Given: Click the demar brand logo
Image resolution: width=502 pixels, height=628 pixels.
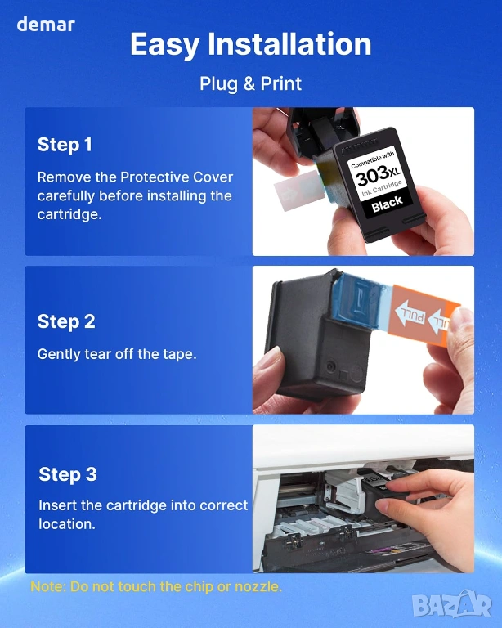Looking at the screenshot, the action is coord(46,24).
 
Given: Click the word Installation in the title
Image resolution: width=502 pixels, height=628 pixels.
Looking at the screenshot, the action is coord(289,43).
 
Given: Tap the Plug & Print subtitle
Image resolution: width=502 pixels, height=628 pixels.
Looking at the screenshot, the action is coord(251,83).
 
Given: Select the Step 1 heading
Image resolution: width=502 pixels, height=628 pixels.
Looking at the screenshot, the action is coord(65,145).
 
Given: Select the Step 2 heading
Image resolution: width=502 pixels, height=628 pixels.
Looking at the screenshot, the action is coord(66,321).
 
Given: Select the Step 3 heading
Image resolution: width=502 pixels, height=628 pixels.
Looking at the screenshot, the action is coord(68,474).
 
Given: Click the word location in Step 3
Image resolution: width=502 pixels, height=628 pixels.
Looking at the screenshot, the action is coord(67,524).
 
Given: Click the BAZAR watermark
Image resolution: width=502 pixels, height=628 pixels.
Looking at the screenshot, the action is coord(451,605).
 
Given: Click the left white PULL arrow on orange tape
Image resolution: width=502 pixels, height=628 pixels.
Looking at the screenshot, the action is coord(410,313).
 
